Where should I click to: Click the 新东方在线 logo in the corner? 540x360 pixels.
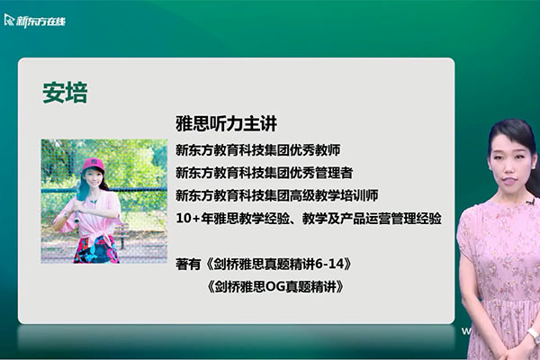(35, 19)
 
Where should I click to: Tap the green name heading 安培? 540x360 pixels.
(65, 94)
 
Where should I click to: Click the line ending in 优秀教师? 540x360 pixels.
(257, 148)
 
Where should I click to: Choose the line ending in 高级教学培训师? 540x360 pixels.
(277, 194)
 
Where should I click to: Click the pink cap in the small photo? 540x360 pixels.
(92, 165)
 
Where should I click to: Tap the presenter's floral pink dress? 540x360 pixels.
(499, 270)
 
